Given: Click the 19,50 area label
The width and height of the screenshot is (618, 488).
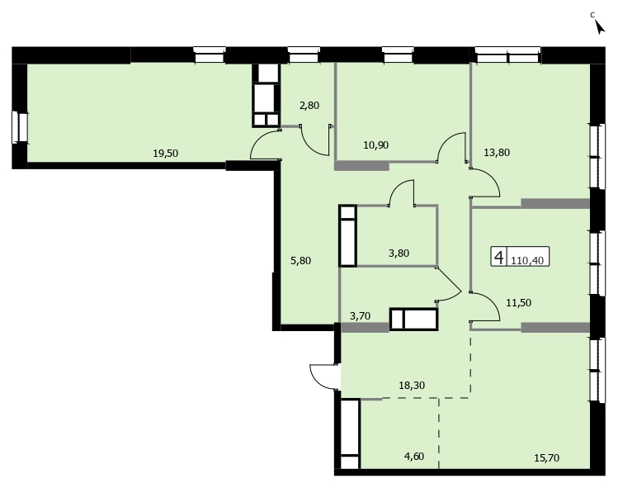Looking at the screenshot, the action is pyautogui.click(x=166, y=153).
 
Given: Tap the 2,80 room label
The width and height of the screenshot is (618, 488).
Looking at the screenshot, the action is pyautogui.click(x=309, y=106).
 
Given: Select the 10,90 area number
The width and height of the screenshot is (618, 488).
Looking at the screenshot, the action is pyautogui.click(x=376, y=145).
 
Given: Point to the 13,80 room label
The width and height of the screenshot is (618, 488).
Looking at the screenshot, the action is pyautogui.click(x=497, y=152).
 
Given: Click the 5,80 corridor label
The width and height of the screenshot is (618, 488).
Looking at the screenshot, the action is pyautogui.click(x=300, y=260).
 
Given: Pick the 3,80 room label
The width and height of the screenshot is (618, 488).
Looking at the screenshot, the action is pyautogui.click(x=399, y=253).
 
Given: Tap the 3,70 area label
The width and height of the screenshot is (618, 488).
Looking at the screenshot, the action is pyautogui.click(x=361, y=315).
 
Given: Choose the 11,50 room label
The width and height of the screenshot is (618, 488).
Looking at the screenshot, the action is pyautogui.click(x=519, y=302).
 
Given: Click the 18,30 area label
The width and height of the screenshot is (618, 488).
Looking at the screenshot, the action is pyautogui.click(x=412, y=385).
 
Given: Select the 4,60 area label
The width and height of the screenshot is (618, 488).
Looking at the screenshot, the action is pyautogui.click(x=414, y=457).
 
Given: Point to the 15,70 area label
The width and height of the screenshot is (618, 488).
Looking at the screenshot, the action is pyautogui.click(x=547, y=458).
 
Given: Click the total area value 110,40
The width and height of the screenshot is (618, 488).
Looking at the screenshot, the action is pyautogui.click(x=527, y=260).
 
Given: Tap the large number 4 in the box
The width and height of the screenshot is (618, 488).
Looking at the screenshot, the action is pyautogui.click(x=499, y=258).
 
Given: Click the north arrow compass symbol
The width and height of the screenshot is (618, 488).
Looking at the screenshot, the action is pyautogui.click(x=600, y=26).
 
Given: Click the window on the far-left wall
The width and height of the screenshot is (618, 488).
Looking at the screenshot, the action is pyautogui.click(x=20, y=127).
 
